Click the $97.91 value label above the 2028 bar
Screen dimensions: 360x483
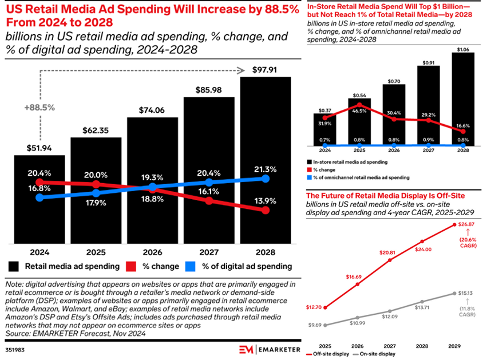(266, 70)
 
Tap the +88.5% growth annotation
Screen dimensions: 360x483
(39, 107)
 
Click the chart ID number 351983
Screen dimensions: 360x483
(15, 347)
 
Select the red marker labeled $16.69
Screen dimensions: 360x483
(357, 284)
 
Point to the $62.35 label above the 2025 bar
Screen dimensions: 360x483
(96, 130)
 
